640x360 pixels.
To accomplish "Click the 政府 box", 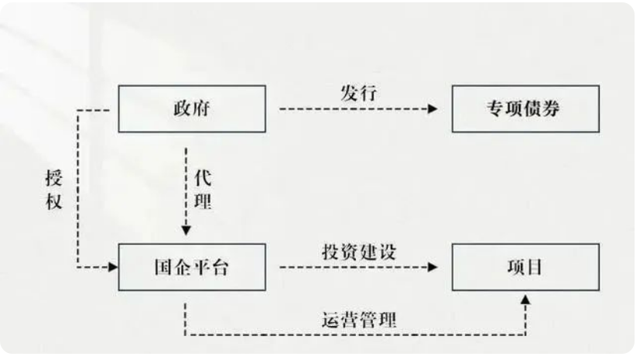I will click(x=191, y=108).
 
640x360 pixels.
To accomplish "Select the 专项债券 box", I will click(x=525, y=108).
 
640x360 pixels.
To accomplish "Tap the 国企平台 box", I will click(x=191, y=267).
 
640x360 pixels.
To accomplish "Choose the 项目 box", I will click(x=525, y=267).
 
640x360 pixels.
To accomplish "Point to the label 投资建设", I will click(x=358, y=252).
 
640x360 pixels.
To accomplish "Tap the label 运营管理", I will click(x=358, y=319).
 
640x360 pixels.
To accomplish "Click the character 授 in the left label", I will click(x=53, y=180).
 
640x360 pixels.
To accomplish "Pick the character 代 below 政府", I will click(x=203, y=177).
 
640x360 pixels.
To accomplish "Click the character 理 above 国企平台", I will click(x=203, y=203).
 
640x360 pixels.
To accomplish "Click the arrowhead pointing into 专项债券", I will click(x=433, y=109).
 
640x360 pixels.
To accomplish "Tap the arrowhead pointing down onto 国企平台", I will click(x=186, y=230).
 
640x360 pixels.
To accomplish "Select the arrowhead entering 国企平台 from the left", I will click(x=113, y=267).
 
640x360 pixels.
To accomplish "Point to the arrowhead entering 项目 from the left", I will click(x=433, y=267).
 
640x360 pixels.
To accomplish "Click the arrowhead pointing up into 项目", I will click(x=525, y=297).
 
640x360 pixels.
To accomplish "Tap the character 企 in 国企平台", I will click(x=180, y=268).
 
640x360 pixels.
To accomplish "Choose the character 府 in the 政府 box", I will click(x=203, y=109).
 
